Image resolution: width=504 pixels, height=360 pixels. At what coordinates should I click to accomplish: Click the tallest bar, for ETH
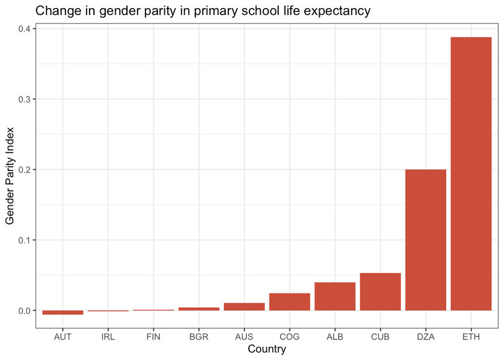click(470, 174)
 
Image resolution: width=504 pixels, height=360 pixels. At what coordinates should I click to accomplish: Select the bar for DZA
click(426, 240)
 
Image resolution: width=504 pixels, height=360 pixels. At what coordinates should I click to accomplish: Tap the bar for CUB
click(380, 292)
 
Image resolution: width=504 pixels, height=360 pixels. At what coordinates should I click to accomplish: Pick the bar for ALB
click(335, 297)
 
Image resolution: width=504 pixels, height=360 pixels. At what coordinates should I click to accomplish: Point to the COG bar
click(289, 302)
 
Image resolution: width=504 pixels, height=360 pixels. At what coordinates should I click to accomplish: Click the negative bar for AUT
click(62, 312)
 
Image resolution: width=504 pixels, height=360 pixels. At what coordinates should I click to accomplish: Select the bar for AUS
click(244, 307)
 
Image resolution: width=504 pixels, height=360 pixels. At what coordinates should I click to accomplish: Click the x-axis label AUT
click(62, 336)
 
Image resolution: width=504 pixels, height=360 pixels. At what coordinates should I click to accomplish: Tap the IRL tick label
click(108, 336)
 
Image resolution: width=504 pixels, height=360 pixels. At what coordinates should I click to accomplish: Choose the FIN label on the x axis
click(153, 336)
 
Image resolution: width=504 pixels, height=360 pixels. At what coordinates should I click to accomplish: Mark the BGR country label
click(198, 336)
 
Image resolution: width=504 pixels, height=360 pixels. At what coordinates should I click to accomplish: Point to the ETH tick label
click(470, 336)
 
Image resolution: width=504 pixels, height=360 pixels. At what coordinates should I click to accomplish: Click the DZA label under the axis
click(426, 336)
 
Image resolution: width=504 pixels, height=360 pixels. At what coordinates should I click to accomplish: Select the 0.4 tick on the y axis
click(28, 29)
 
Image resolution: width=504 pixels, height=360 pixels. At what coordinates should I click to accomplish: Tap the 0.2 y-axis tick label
click(28, 170)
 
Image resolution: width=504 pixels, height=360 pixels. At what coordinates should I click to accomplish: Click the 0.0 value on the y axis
click(28, 310)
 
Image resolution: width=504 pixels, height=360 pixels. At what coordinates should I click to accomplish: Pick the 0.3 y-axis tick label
click(28, 99)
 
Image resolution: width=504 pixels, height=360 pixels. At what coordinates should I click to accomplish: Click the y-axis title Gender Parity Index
click(10, 176)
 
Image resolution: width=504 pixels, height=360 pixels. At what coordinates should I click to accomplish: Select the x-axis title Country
click(266, 349)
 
